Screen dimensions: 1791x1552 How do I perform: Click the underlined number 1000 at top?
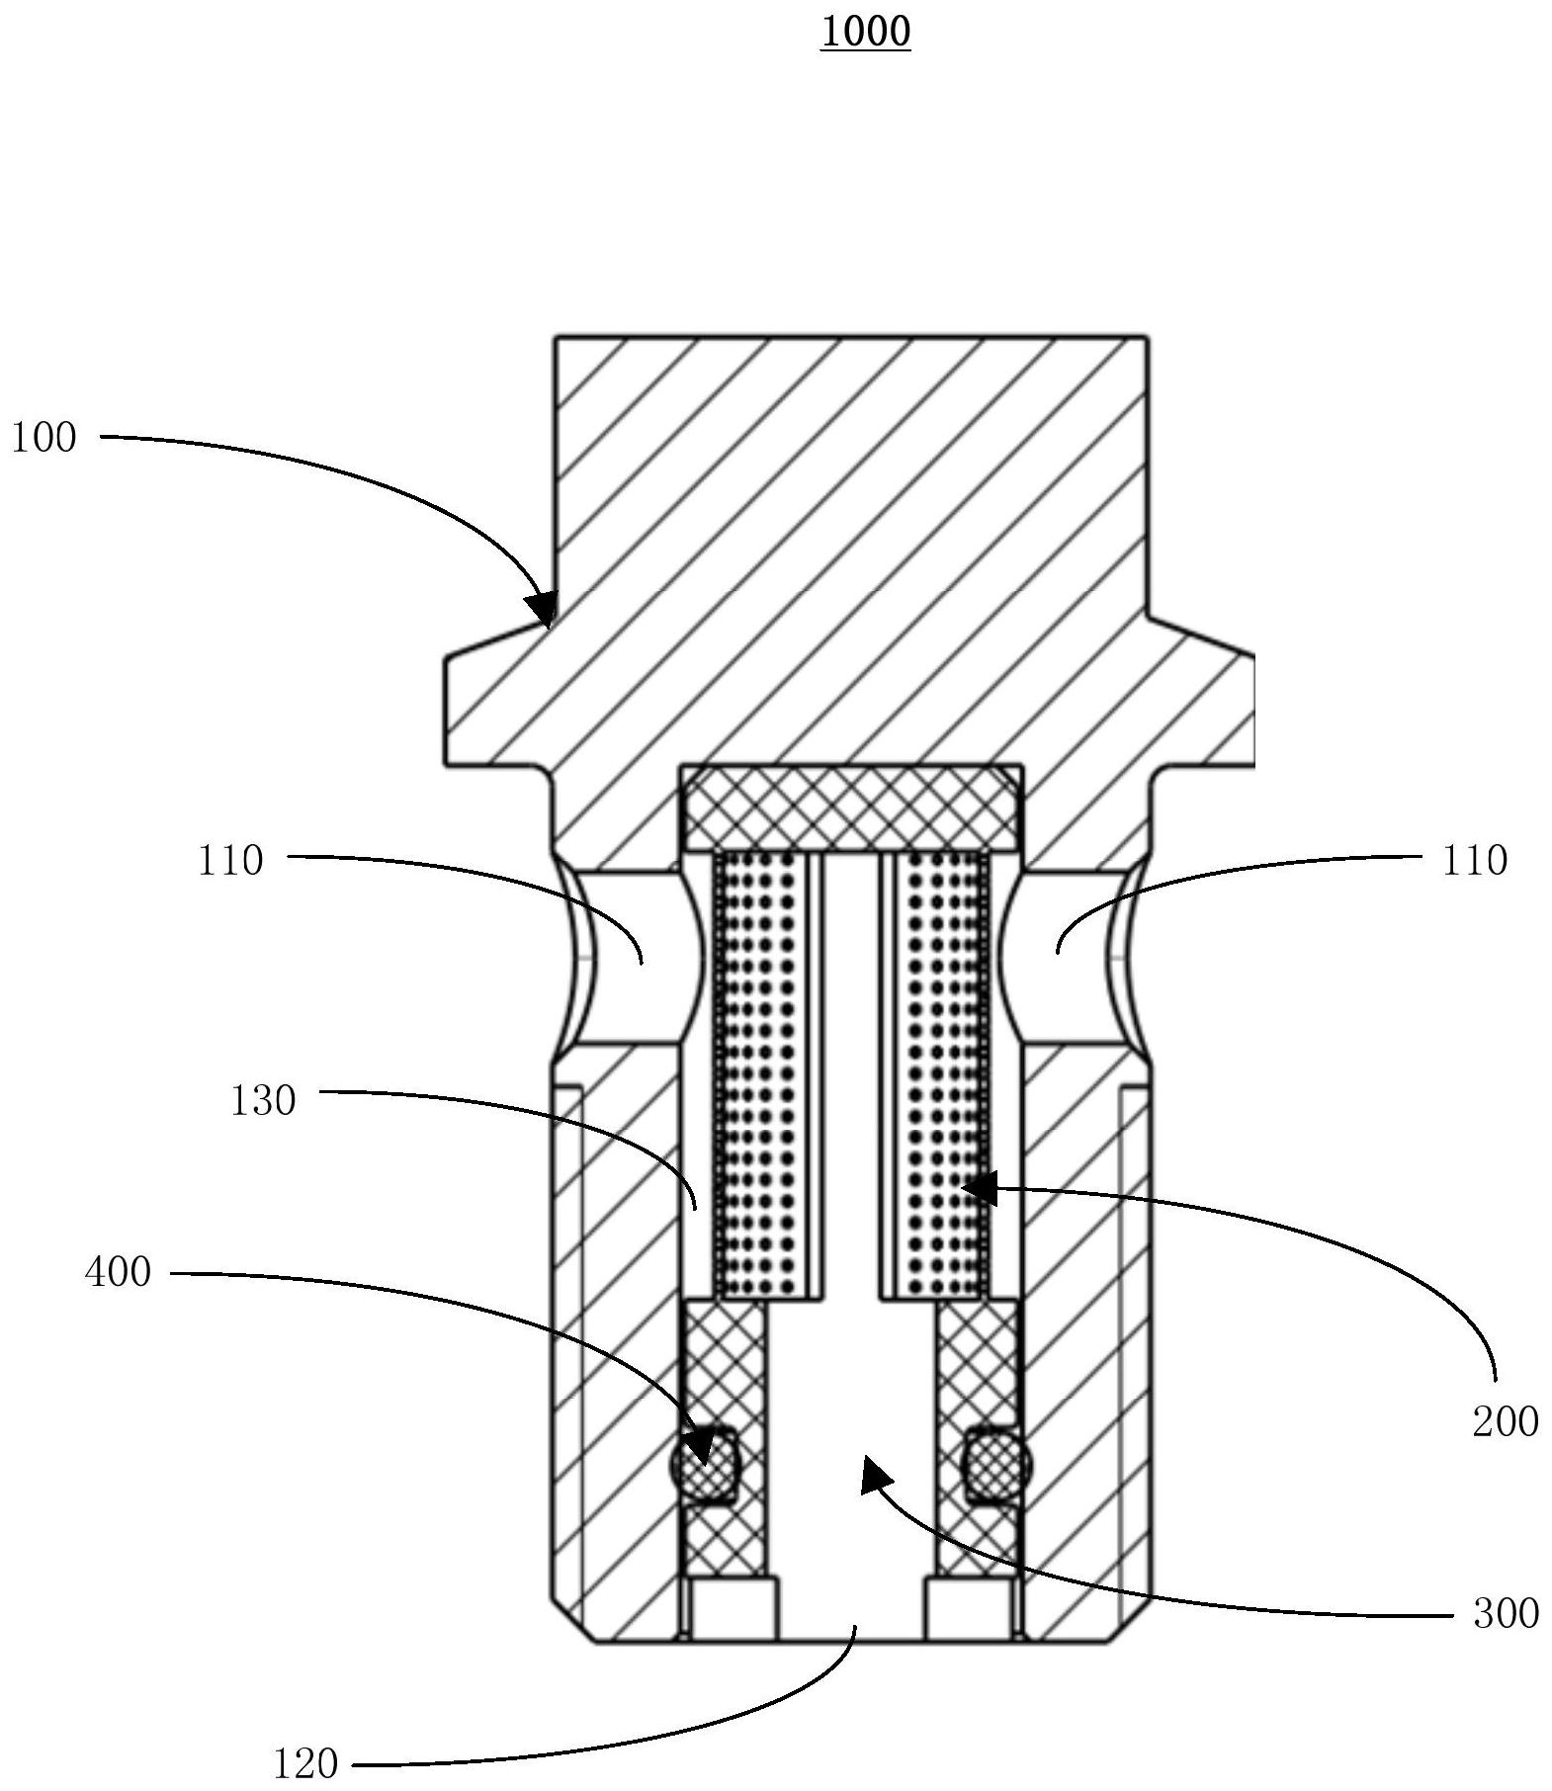[x=865, y=33]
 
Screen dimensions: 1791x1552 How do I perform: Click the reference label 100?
[x=43, y=438]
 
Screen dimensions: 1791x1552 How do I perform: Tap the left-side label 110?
[x=230, y=861]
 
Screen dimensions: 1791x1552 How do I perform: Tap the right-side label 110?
[x=1474, y=861]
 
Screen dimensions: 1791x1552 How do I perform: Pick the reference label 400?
[x=119, y=1273]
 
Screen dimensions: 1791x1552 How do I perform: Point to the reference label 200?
[x=1505, y=1422]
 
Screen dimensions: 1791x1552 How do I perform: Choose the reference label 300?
[x=1506, y=1614]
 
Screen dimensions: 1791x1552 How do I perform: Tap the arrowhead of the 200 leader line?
[x=979, y=1189]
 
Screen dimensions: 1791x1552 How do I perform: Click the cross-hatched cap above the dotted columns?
[x=851, y=808]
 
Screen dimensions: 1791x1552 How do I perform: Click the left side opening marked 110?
[x=633, y=956]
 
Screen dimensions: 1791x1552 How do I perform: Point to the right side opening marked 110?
[x=1068, y=956]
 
